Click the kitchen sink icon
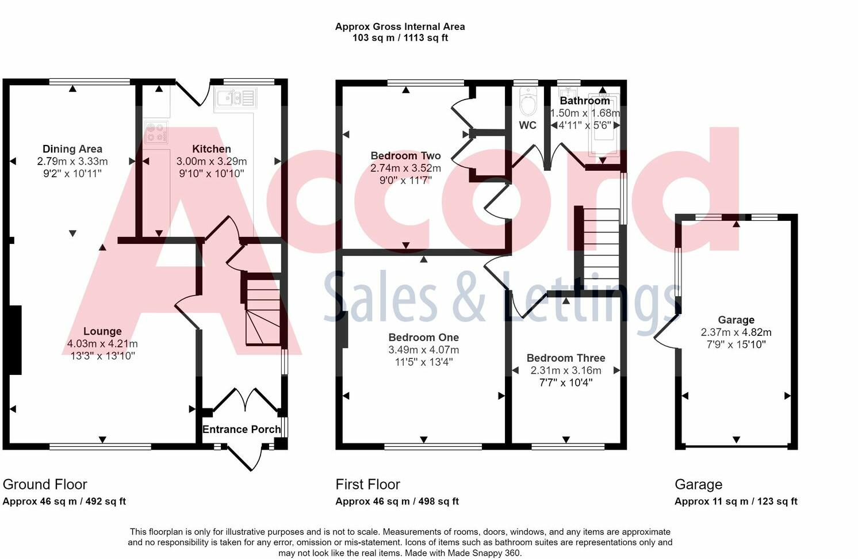tap(235, 98)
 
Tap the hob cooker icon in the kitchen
tap(156, 132)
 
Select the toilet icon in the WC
tap(527, 102)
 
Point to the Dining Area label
tap(72, 149)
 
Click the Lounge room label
tap(102, 331)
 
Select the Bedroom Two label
tap(405, 156)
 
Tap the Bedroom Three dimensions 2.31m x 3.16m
tap(566, 370)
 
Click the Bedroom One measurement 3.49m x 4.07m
tap(423, 350)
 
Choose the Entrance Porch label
tap(242, 429)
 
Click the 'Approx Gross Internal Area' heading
tap(400, 26)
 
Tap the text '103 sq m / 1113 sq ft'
tap(400, 38)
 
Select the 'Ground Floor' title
tap(45, 484)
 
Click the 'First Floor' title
tap(367, 484)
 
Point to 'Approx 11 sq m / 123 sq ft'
tap(736, 501)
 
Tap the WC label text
tap(527, 125)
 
